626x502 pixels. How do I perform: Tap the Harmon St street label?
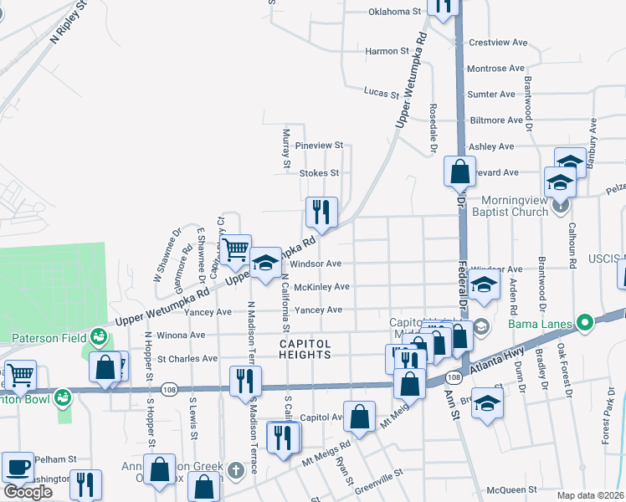coord(387,51)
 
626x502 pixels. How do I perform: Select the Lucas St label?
coord(382,92)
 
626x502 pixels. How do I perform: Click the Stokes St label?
coord(319,173)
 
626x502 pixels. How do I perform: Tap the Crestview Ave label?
coord(498,42)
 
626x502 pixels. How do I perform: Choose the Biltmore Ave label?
coord(500,120)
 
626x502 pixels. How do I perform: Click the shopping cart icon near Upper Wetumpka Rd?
coord(235,248)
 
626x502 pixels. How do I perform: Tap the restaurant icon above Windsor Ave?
coord(321,212)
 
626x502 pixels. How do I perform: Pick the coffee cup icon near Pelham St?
coord(18,466)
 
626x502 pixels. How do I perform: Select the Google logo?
coord(27,492)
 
